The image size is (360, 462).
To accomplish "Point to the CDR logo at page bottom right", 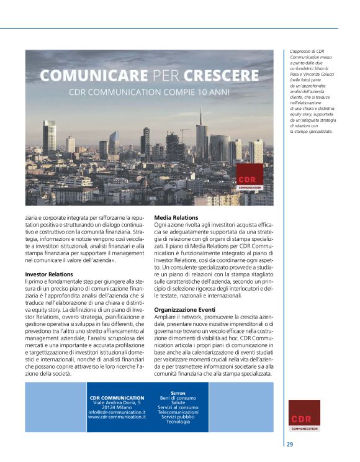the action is (x=304, y=415).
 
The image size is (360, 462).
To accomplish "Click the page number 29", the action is (x=290, y=444).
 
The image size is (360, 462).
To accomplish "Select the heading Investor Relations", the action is (x=49, y=273).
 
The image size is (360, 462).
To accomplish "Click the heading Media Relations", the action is (x=176, y=217).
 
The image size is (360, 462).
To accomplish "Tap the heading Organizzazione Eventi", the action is (x=185, y=309).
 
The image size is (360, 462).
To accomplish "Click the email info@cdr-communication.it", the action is (x=117, y=412).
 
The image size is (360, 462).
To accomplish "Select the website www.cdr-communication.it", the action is (x=117, y=417).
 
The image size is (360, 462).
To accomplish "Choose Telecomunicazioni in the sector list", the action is (x=178, y=412).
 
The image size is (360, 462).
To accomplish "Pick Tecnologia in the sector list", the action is (x=178, y=422).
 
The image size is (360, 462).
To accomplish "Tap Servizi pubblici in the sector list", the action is (x=178, y=417).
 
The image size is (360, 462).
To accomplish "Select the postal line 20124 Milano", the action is (x=117, y=407).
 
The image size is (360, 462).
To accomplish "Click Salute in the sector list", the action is (x=178, y=402).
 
